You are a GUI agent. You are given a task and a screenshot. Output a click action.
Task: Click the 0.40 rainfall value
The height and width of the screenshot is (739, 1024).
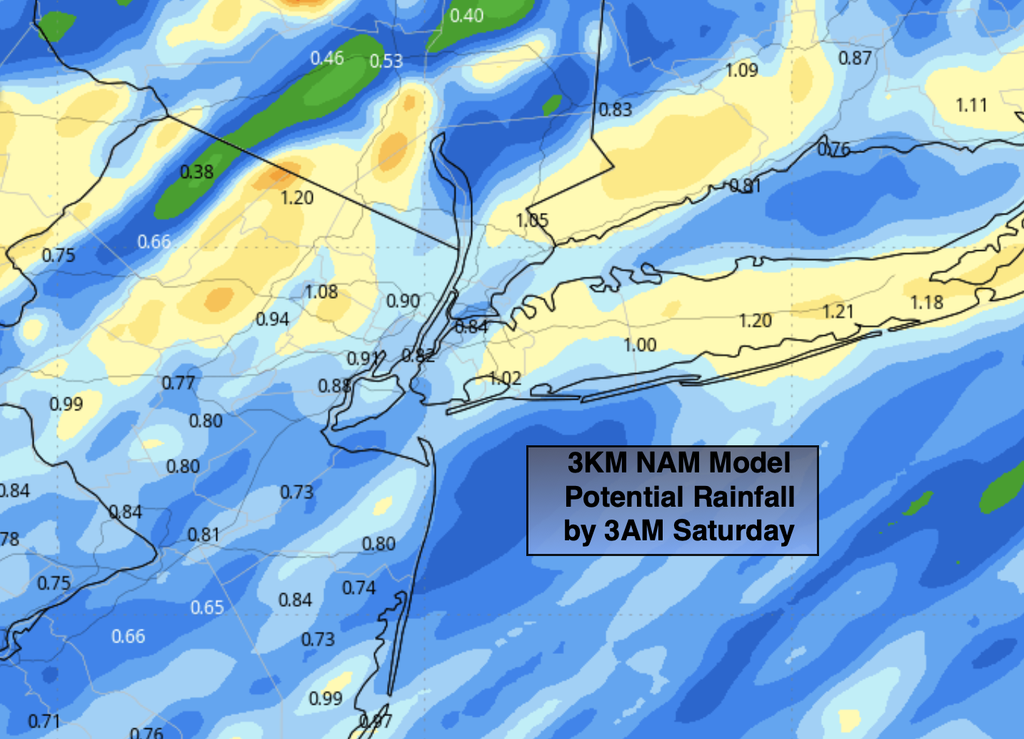[x=466, y=15]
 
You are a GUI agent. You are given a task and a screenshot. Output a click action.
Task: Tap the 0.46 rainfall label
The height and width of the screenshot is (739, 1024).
[x=327, y=58]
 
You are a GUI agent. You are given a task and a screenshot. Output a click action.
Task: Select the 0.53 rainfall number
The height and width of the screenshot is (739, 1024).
[x=386, y=61]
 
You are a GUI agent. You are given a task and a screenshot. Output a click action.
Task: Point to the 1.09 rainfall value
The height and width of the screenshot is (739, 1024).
[x=741, y=70]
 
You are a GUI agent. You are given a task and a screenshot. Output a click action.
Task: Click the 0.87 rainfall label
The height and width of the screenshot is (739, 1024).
[x=855, y=59]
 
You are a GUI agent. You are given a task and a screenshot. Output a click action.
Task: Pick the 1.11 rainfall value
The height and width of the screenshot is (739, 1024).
[x=971, y=106]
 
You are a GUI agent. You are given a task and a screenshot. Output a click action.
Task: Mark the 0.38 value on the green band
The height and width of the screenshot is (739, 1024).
[x=196, y=172]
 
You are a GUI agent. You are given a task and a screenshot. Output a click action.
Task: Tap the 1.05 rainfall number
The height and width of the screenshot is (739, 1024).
[x=532, y=220]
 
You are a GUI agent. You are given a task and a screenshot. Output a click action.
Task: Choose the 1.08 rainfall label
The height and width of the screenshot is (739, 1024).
[x=321, y=292]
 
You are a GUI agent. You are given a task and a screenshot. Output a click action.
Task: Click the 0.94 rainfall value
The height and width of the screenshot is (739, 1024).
[x=272, y=319]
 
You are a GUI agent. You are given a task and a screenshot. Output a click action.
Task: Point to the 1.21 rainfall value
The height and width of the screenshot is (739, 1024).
[x=838, y=312]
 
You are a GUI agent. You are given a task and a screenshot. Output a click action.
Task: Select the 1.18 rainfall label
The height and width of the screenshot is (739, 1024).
[x=927, y=303]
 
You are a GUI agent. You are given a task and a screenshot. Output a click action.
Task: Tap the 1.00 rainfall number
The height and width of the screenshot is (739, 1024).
[x=640, y=345]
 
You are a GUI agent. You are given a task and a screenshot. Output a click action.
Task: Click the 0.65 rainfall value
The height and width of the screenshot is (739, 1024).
[x=207, y=607]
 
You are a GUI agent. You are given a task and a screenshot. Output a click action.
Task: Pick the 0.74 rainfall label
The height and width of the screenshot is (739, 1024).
[x=358, y=588]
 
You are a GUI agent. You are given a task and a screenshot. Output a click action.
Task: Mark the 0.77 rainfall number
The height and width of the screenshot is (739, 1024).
[x=178, y=383]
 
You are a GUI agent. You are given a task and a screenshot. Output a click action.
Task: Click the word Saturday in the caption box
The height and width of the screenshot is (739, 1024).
[x=733, y=531]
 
